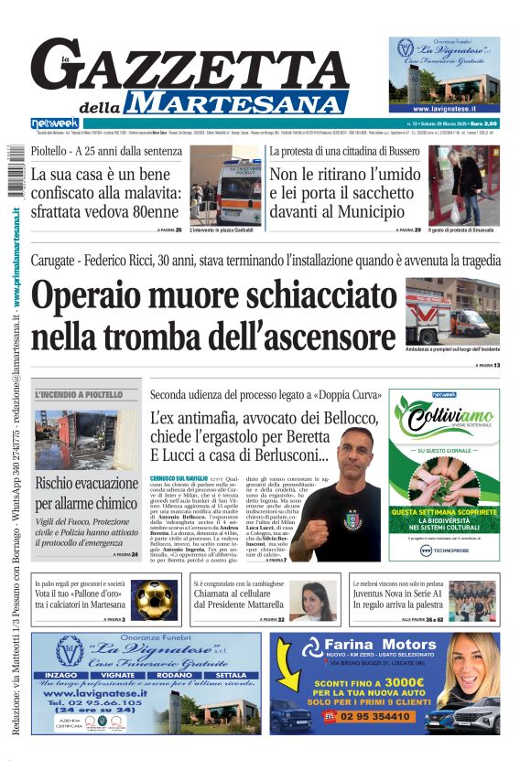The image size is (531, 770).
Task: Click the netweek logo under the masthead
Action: coord(54,123)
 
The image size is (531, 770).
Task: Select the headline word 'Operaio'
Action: coord(102,298)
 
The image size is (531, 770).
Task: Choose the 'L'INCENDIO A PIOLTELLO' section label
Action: coord(78,395)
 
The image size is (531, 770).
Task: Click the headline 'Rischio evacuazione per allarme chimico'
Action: coord(87,492)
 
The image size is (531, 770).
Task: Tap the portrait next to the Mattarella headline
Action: coord(311,601)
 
